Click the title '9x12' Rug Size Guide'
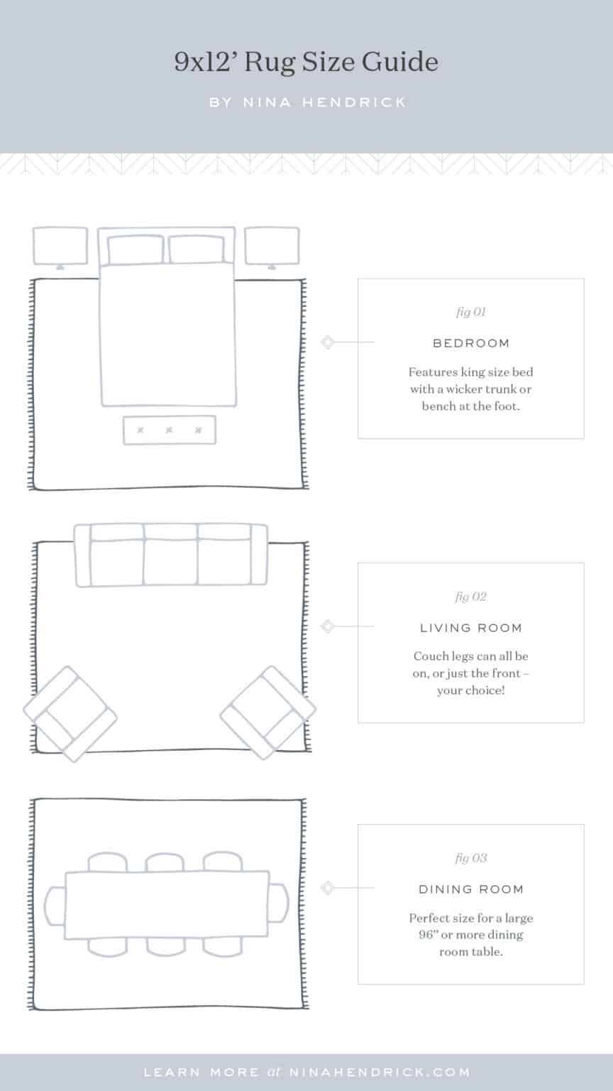[x=306, y=63]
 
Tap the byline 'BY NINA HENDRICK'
[x=307, y=102]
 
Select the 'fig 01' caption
[x=470, y=312]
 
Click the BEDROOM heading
[x=470, y=343]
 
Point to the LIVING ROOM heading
[x=470, y=628]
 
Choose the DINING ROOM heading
[x=470, y=889]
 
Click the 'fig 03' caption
[x=470, y=858]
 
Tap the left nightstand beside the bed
[x=60, y=246]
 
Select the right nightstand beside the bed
[x=272, y=246]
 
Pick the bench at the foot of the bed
[x=169, y=430]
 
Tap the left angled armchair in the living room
[x=70, y=712]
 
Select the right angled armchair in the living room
[x=268, y=712]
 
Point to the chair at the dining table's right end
[x=279, y=906]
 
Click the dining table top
[x=167, y=906]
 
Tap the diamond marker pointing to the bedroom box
[x=327, y=342]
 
